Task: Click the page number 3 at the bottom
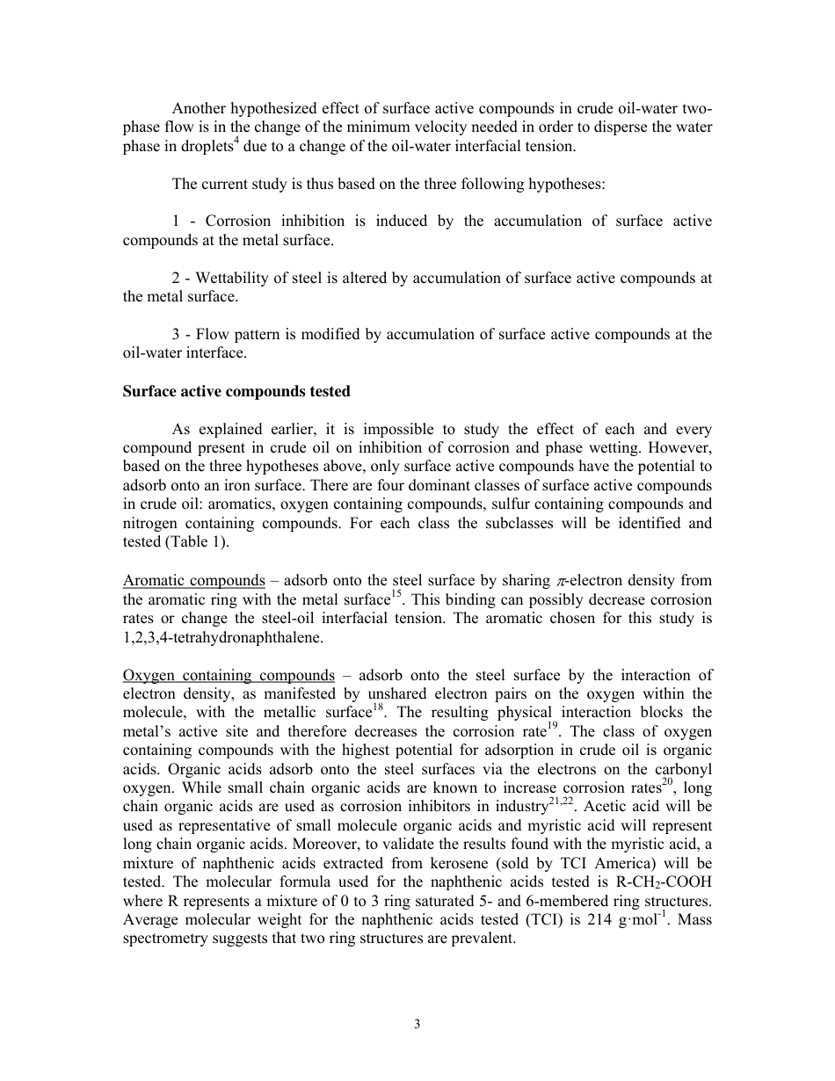[x=417, y=1024]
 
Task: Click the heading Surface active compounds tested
[x=236, y=392]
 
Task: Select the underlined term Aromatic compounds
[x=194, y=581]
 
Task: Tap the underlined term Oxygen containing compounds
[x=229, y=675]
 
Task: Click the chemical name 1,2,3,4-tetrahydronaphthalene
[x=223, y=638]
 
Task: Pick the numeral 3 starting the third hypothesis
[x=177, y=335]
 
